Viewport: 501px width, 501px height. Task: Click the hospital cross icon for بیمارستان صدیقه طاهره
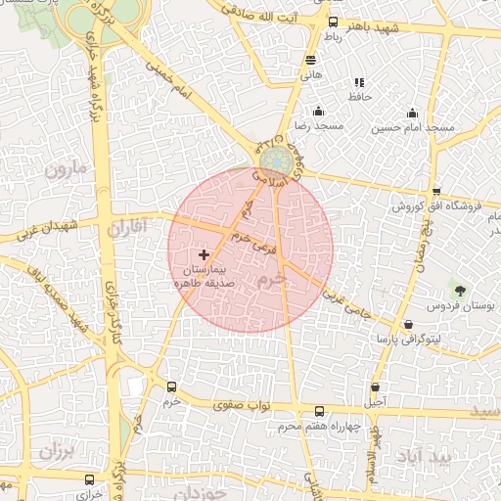(204, 254)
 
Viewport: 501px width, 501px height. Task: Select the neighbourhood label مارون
(67, 168)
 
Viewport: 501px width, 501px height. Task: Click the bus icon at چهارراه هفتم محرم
(319, 412)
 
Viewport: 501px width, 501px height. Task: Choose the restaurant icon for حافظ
(358, 82)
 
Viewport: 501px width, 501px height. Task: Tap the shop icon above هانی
(311, 60)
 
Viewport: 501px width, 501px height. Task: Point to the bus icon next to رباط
(333, 23)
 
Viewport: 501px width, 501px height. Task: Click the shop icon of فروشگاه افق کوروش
(436, 192)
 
